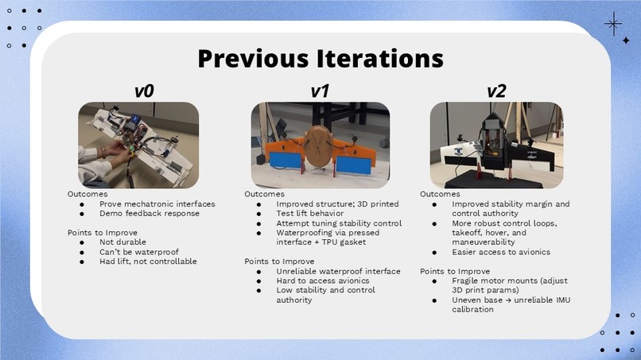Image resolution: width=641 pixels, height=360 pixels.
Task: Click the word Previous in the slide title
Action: [x=253, y=59]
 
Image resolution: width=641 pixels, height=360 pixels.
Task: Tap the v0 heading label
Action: [x=144, y=91]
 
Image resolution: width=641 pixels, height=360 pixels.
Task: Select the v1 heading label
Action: [x=320, y=91]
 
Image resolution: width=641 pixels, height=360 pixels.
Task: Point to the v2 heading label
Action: [x=496, y=91]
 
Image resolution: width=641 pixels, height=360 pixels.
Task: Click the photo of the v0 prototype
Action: [x=138, y=145]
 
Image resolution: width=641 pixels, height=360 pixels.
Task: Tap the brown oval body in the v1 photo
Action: [x=319, y=146]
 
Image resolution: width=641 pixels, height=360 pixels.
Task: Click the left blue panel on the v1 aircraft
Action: [x=286, y=160]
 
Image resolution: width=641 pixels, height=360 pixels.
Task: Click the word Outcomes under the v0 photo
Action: [x=87, y=194]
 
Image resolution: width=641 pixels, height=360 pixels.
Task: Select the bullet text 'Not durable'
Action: [x=122, y=242]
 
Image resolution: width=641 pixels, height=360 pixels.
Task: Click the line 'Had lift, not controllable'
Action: [x=148, y=261]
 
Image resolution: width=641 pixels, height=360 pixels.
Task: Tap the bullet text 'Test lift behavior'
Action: [x=310, y=213]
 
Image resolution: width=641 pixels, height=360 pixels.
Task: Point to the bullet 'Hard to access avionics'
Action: [x=323, y=281]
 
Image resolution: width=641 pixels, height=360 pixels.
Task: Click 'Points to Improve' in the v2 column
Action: [x=455, y=271]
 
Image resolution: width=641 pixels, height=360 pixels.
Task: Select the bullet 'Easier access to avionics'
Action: [x=501, y=252]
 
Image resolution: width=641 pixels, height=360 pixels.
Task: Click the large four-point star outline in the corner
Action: [x=613, y=24]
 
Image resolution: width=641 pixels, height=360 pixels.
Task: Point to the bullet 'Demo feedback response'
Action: [x=150, y=213]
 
